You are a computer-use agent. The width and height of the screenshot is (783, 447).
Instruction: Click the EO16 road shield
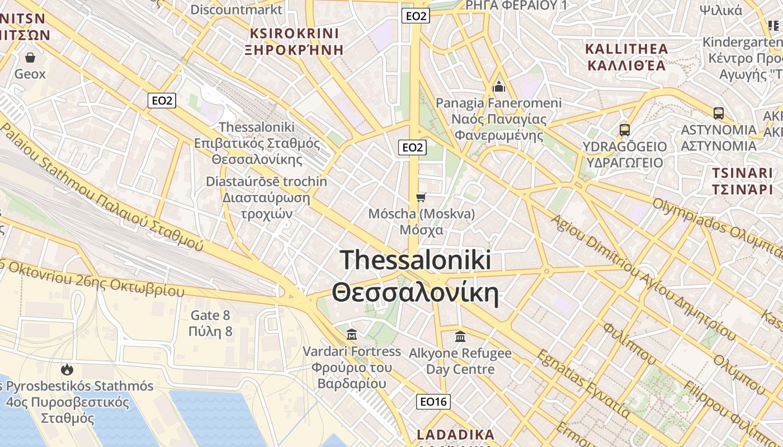click(x=433, y=401)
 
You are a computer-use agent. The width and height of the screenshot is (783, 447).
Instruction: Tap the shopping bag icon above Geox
click(x=30, y=58)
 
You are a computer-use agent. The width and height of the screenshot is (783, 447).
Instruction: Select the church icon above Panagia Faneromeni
click(x=498, y=87)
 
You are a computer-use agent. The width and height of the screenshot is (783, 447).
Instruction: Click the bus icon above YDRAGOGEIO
click(x=625, y=130)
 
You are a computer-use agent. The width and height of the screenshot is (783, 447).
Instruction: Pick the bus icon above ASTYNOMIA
click(x=719, y=113)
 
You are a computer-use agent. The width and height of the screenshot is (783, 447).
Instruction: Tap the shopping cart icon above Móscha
click(x=421, y=197)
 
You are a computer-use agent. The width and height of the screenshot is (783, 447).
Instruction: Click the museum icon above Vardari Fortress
click(x=352, y=335)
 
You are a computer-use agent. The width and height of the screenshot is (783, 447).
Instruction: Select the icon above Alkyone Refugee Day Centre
click(x=460, y=336)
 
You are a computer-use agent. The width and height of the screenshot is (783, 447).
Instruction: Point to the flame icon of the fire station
click(x=67, y=369)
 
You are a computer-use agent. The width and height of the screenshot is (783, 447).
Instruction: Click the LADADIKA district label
click(x=456, y=435)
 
